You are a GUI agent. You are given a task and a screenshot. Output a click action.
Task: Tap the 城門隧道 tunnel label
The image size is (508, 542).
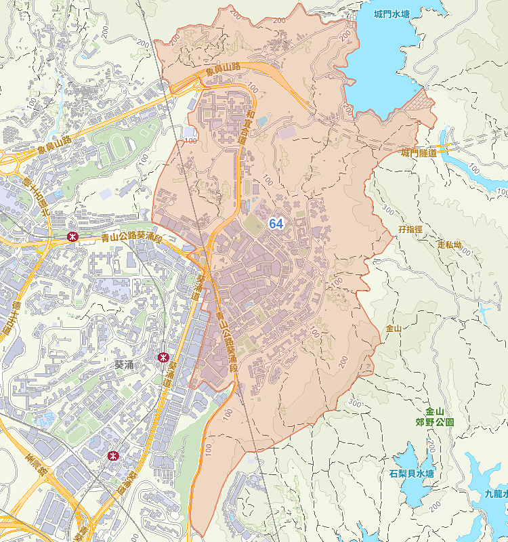(x=419, y=153)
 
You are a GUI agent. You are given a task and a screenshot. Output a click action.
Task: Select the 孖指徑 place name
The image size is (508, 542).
(x=410, y=230)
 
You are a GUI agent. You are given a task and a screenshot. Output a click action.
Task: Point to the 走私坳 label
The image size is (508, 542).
(x=449, y=244)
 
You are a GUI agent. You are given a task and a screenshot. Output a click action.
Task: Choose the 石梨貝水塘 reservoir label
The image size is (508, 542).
(x=412, y=473)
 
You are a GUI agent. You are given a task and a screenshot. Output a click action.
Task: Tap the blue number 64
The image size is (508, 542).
(x=276, y=224)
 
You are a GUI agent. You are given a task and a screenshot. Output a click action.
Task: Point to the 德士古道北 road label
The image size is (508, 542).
(x=45, y=197)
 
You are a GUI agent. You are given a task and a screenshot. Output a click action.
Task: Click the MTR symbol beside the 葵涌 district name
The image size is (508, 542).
(x=163, y=356)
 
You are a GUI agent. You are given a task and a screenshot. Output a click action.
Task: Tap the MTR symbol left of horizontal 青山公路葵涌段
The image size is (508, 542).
(x=72, y=237)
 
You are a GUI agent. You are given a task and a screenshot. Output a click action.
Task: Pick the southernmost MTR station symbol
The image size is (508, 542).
(x=113, y=455)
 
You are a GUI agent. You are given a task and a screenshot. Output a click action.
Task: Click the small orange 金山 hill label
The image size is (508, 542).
(x=394, y=329)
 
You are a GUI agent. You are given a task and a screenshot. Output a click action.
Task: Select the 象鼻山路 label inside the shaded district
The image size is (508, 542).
(x=224, y=68)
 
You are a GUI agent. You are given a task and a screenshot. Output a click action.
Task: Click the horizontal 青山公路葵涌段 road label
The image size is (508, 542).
(x=131, y=238)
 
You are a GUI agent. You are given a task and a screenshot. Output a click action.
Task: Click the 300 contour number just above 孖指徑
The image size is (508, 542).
(x=387, y=209)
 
